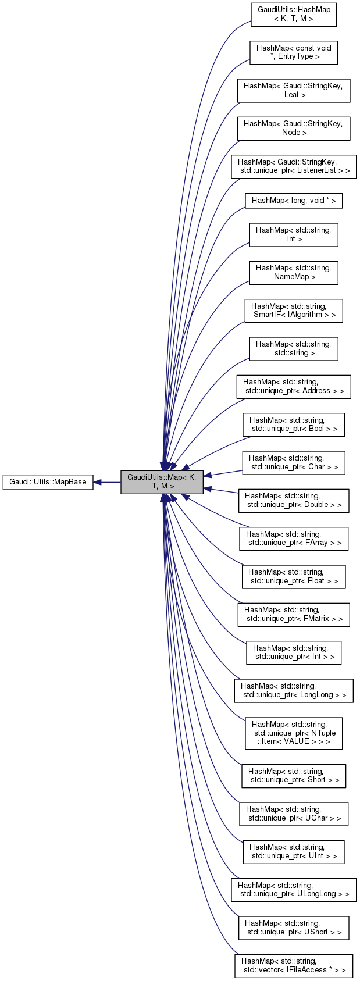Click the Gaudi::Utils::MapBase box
48,482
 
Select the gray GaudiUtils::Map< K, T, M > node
162,482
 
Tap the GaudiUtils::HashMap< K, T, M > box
294,14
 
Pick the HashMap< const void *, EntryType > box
294,52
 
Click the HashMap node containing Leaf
294,90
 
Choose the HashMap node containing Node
294,128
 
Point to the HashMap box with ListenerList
294,166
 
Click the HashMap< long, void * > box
294,201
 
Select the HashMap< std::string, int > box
294,234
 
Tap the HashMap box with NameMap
294,272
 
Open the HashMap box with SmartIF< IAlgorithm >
294,311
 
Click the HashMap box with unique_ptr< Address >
294,387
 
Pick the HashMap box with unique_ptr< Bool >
294,424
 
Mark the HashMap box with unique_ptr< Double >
294,501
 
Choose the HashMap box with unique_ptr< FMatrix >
294,615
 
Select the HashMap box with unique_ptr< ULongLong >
294,889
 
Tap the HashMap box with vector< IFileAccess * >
294,965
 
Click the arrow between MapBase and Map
107,482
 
